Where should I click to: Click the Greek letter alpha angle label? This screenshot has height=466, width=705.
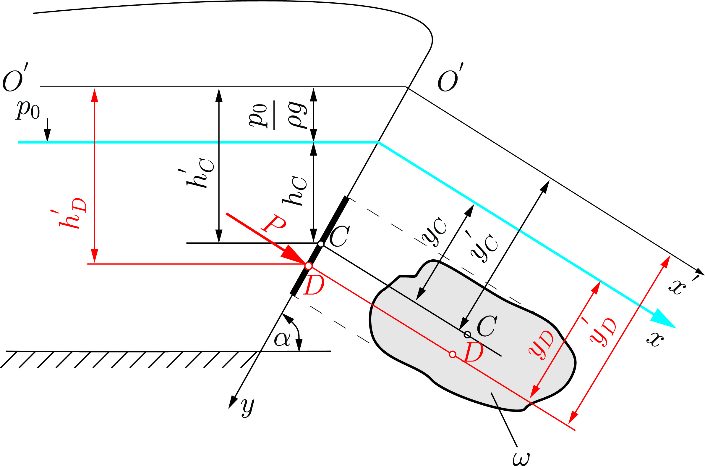click(282, 339)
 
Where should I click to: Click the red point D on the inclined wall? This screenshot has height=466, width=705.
click(309, 266)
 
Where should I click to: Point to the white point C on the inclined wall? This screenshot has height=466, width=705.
click(320, 244)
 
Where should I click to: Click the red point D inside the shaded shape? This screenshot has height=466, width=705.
click(452, 354)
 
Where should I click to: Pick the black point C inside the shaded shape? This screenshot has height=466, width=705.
click(467, 335)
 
